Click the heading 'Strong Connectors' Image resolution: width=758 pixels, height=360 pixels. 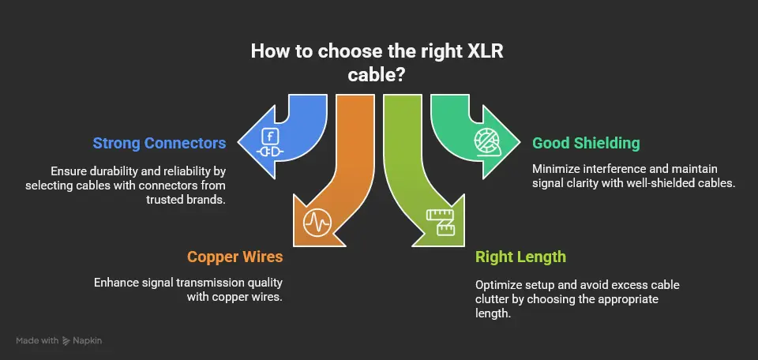tap(159, 143)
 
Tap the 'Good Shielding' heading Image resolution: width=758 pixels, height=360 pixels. tap(586, 143)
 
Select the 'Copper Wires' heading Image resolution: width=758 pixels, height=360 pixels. tap(235, 257)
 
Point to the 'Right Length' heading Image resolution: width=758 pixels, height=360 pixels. tap(520, 257)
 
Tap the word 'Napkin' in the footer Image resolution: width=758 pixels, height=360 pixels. tap(88, 340)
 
